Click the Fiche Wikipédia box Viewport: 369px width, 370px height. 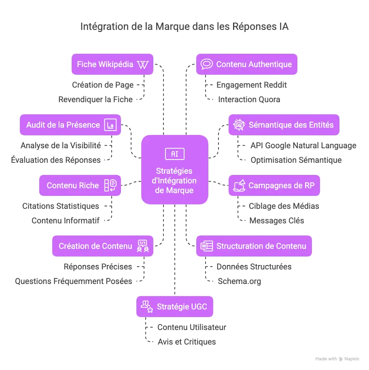click(x=112, y=65)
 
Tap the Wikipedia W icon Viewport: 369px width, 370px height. click(x=143, y=65)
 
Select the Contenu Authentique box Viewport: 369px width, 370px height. click(x=246, y=65)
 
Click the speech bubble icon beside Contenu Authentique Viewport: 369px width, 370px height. click(x=207, y=64)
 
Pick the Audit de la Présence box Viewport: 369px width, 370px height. click(x=71, y=125)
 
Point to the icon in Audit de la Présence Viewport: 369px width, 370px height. click(x=110, y=125)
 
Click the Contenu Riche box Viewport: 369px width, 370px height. click(x=80, y=186)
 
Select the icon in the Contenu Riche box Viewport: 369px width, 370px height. click(x=110, y=185)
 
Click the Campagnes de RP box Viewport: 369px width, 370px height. click(x=274, y=186)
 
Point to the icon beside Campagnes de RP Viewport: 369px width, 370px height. click(x=239, y=185)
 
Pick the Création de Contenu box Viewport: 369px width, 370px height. click(x=102, y=246)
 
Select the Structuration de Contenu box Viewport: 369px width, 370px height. click(x=254, y=246)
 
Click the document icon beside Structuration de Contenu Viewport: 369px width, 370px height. click(x=207, y=246)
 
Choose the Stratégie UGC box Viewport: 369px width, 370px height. click(x=174, y=307)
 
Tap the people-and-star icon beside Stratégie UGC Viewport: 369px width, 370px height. click(x=146, y=307)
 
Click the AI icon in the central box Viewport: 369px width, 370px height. click(x=175, y=154)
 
